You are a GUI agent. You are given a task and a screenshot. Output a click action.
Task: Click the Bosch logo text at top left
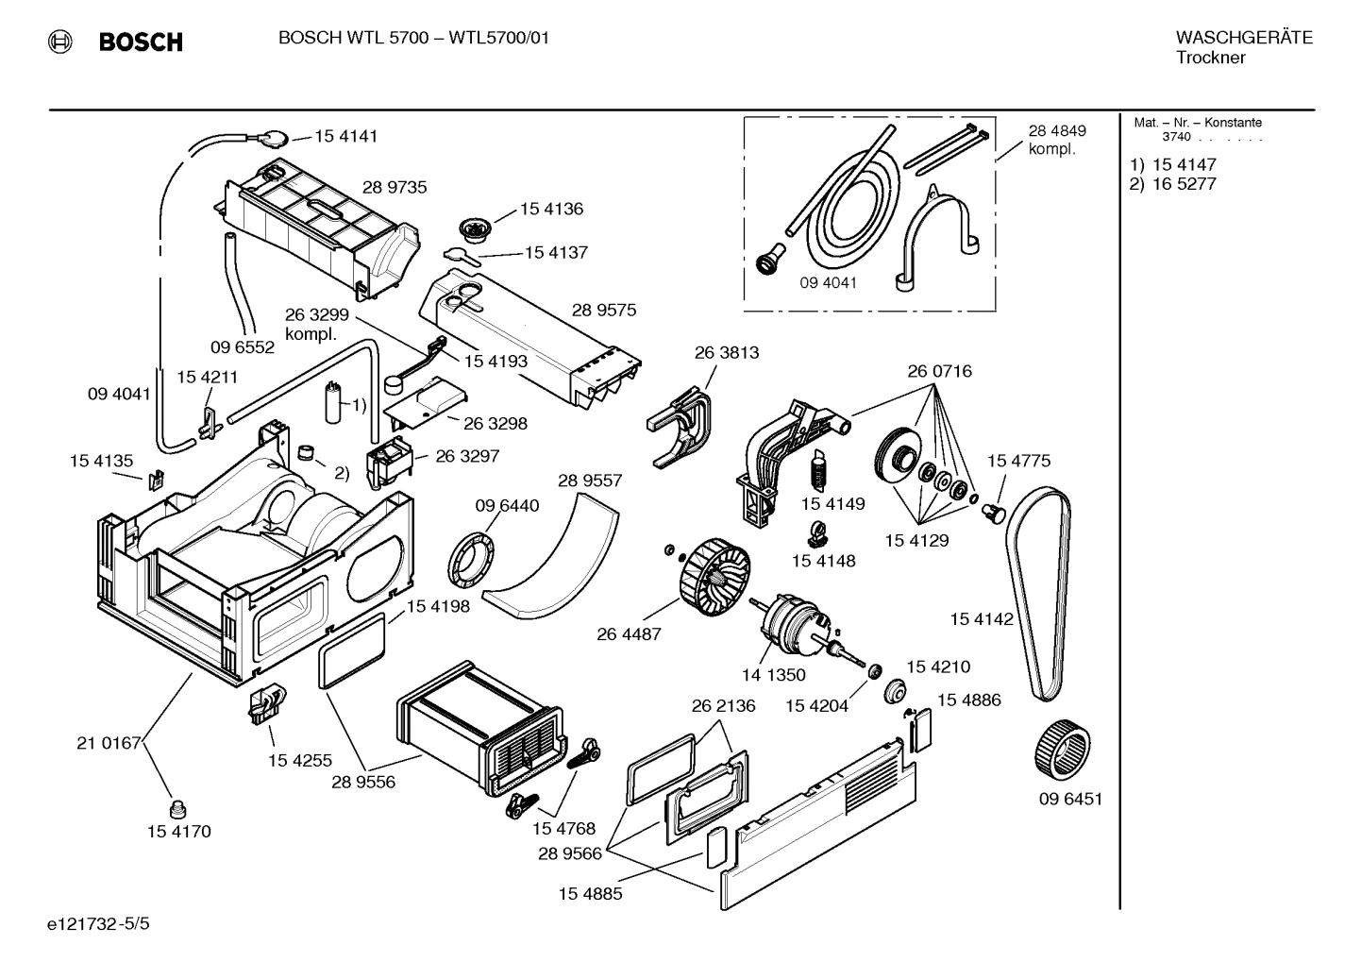pos(140,42)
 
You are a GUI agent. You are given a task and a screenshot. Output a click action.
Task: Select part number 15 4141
pos(345,136)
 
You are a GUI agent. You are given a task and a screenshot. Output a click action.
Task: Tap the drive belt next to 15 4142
pos(1038,595)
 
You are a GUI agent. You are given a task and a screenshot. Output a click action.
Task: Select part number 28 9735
pos(395,187)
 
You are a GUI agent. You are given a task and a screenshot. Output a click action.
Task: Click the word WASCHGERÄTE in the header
pos(1244,38)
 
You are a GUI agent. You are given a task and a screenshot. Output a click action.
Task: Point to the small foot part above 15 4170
pos(176,808)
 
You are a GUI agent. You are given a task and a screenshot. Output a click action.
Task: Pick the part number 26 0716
pos(939,371)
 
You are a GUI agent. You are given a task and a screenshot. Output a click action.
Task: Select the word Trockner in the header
pos(1210,58)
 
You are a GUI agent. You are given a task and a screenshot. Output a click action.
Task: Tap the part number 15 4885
pos(590,893)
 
